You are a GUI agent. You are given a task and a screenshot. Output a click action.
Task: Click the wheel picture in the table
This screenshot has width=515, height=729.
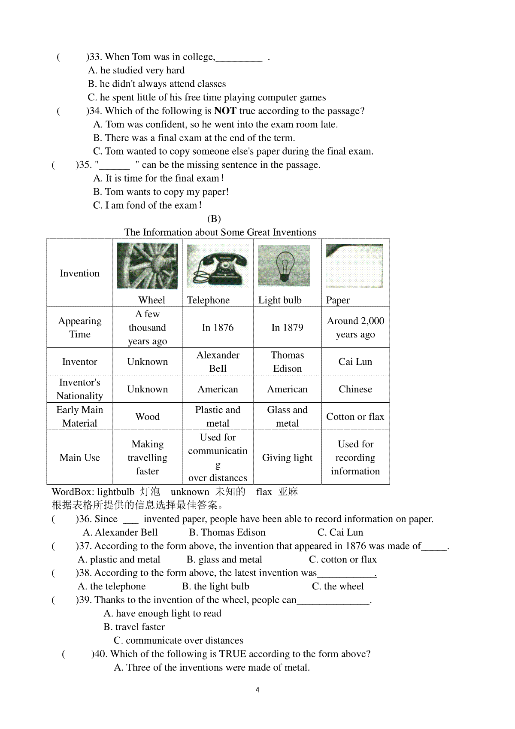tap(147, 266)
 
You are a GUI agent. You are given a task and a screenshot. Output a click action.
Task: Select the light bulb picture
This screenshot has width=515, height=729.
tap(284, 265)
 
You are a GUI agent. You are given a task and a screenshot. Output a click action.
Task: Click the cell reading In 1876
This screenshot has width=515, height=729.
tap(218, 328)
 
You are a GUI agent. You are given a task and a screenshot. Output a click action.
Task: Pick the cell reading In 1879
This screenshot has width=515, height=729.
tap(287, 328)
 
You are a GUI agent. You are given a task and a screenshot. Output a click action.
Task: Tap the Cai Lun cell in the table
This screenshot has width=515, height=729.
tap(355, 361)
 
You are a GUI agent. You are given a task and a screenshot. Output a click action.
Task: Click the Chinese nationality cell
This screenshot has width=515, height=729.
tap(355, 389)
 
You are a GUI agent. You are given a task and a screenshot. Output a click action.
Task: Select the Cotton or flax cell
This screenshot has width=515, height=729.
tap(355, 416)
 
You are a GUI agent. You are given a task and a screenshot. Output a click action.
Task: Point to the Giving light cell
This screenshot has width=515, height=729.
tap(287, 458)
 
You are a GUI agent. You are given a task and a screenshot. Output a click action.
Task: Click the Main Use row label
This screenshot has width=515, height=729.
tap(79, 458)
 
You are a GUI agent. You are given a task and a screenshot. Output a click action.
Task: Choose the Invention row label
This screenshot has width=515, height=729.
tap(79, 273)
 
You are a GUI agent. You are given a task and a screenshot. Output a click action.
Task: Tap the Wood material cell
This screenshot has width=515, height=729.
tap(147, 416)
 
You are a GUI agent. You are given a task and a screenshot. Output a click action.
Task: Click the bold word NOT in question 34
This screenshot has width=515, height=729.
tap(225, 111)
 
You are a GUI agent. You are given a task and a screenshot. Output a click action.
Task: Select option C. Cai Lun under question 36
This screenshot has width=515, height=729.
tap(340, 532)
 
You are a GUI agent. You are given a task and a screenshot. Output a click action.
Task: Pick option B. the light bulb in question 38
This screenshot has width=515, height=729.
tap(215, 586)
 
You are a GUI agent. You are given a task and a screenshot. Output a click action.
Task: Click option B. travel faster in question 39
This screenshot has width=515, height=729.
tap(134, 627)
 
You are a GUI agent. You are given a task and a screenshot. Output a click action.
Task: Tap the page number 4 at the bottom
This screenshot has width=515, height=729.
tap(257, 690)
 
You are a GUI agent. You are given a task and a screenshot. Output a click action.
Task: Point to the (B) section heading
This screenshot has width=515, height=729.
tap(214, 219)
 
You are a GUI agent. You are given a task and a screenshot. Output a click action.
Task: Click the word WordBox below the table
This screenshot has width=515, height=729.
tap(71, 492)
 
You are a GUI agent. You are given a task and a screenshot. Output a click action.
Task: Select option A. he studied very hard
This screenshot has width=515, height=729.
tap(136, 70)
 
